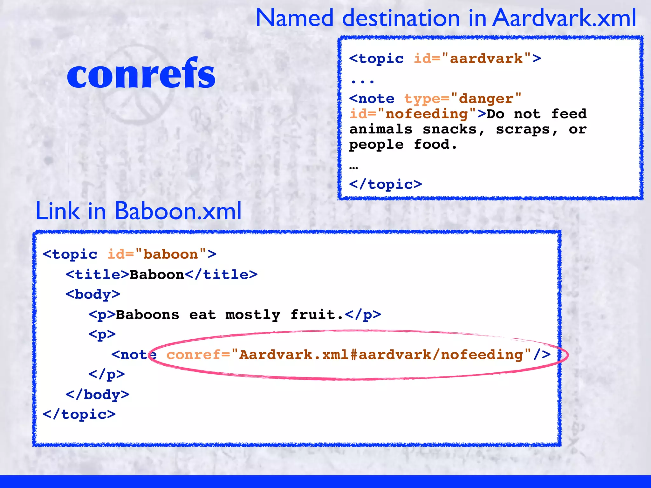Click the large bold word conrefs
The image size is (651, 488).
point(141,74)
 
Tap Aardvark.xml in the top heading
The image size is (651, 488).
point(565,18)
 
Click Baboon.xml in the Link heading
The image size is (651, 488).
point(178,211)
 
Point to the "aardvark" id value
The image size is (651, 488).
point(486,59)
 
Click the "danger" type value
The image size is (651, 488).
point(486,99)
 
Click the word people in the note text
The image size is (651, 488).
point(376,145)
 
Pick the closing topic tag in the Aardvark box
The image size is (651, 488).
point(386,184)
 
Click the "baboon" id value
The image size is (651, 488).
point(171,254)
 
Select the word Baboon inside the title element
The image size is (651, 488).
point(157,275)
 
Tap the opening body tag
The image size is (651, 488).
point(93,295)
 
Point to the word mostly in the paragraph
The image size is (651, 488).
point(253,315)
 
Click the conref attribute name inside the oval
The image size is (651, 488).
point(193,355)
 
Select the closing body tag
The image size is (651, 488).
point(97,395)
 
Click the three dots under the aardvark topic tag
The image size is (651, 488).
point(363,82)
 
